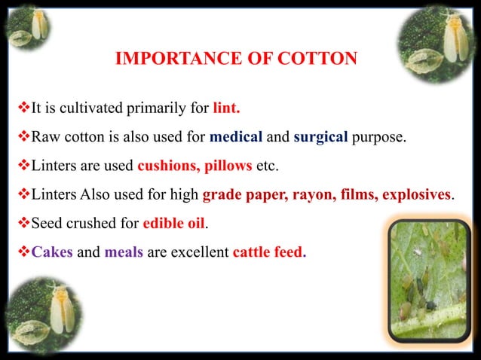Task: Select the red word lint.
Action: coord(227,108)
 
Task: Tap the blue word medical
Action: coord(236,138)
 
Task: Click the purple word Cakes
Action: coord(52,252)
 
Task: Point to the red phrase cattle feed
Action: coord(267,252)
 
